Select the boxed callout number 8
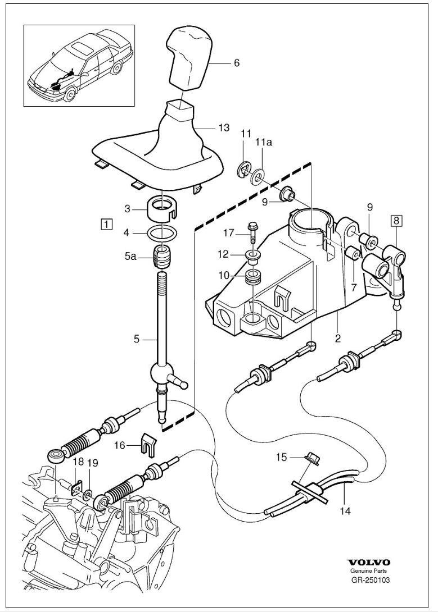tap(396, 221)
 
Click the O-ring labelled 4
tap(162, 234)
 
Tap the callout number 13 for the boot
tap(224, 127)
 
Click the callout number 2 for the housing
tap(337, 338)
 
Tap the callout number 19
tap(93, 463)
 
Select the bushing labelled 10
tap(252, 277)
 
